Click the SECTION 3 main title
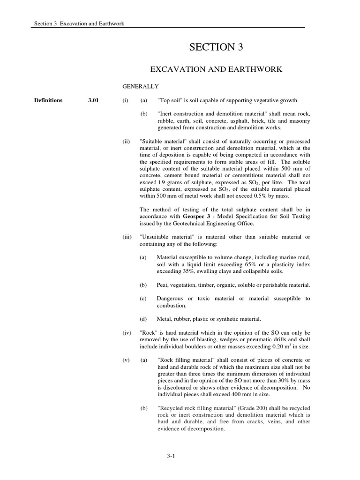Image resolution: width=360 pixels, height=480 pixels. point(216,47)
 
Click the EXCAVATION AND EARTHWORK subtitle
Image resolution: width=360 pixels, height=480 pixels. point(216,69)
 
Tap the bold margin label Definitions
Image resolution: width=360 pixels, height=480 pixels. point(48,100)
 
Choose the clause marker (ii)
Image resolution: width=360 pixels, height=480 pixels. point(127,142)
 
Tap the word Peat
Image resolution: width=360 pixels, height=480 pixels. point(164,285)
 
